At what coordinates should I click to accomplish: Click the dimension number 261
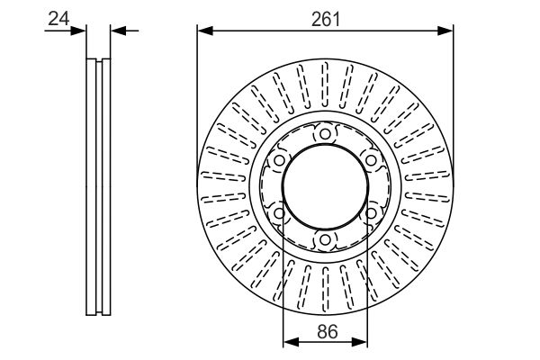coord(326,19)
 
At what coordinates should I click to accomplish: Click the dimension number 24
coord(58,18)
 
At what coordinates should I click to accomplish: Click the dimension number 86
coord(328,332)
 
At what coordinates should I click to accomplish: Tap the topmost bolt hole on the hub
coord(325,134)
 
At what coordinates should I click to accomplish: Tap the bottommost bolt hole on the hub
coord(325,239)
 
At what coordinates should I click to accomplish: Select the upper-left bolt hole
coord(279,160)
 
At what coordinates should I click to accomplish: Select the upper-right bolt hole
coord(371,160)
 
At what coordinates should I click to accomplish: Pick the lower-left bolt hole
coord(279,213)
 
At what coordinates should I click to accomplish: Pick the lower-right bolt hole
coord(371,213)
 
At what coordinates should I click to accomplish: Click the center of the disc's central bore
coord(325,186)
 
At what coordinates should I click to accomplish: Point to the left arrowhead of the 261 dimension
coord(205,31)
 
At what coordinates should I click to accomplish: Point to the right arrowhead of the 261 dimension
coord(445,31)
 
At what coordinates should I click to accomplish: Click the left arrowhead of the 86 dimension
coord(291,342)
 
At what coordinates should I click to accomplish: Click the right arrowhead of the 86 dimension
coord(359,342)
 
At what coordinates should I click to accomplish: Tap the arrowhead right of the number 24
coord(77,31)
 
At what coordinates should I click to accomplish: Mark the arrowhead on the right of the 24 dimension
coord(119,31)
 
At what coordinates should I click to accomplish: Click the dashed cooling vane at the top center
coord(325,85)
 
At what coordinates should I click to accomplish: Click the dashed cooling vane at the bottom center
coord(325,289)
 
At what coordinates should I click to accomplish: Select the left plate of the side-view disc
coord(91,186)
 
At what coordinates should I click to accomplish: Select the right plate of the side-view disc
coord(106,186)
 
